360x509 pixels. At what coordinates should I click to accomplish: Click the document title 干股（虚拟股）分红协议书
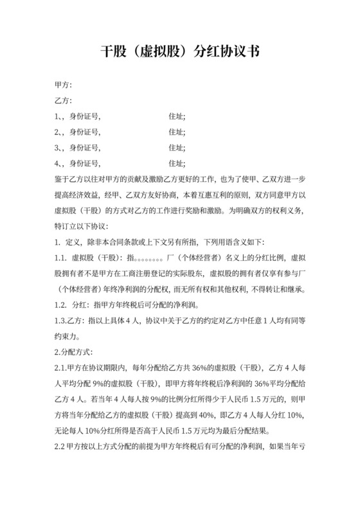[x=180, y=53]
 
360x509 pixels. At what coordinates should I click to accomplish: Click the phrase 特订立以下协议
[x=82, y=226]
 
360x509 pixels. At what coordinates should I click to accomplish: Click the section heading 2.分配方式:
[x=74, y=352]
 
